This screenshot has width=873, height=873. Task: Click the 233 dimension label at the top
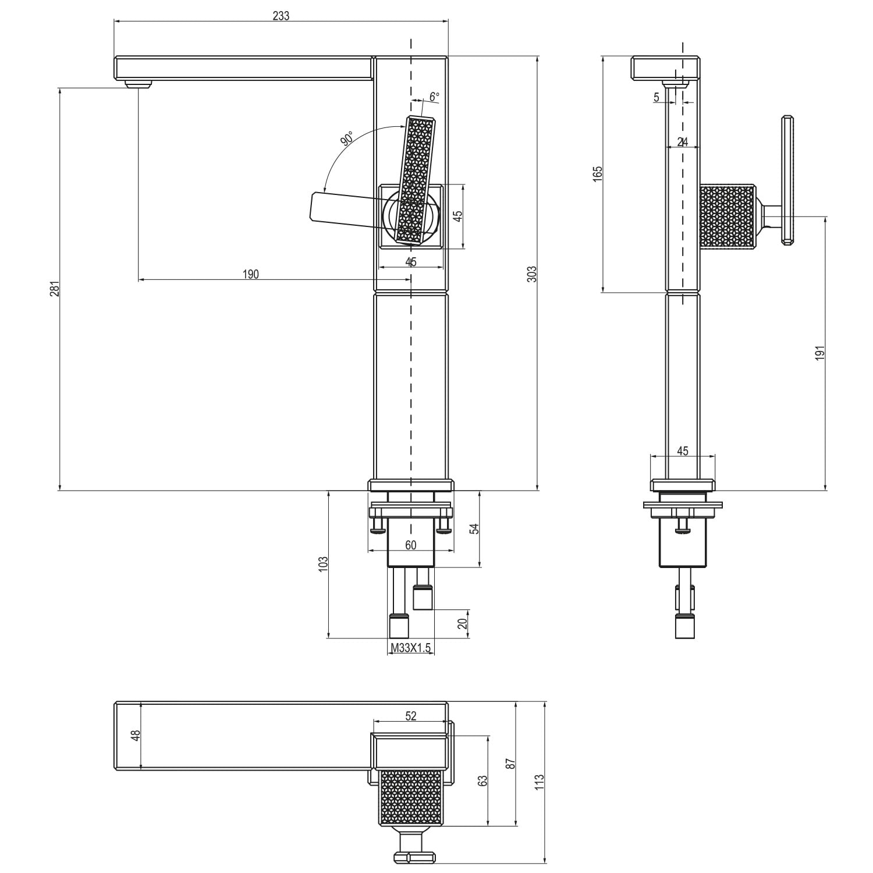[281, 16]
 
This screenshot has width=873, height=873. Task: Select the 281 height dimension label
[54, 289]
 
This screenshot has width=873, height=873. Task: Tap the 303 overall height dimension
[531, 274]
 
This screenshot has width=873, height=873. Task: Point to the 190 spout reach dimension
[250, 274]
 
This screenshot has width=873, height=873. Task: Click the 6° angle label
[434, 97]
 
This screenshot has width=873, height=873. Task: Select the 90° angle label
[347, 139]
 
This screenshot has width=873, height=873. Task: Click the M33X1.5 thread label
[411, 647]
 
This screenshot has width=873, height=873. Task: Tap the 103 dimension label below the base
[324, 564]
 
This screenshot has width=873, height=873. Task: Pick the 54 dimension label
[474, 528]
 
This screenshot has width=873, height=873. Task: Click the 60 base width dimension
[411, 545]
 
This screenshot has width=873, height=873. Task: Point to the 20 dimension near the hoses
[463, 623]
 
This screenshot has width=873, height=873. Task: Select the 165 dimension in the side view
[598, 174]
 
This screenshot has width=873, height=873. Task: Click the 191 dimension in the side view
[820, 353]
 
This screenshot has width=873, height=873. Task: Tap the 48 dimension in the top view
[136, 736]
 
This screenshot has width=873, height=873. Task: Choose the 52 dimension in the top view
[411, 716]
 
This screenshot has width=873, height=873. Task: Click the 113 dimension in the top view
[540, 781]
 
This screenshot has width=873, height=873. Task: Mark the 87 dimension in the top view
[510, 764]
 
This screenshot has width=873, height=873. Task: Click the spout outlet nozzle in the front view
[139, 84]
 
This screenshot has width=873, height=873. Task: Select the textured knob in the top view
[411, 797]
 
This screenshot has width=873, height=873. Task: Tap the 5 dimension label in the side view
[656, 97]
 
